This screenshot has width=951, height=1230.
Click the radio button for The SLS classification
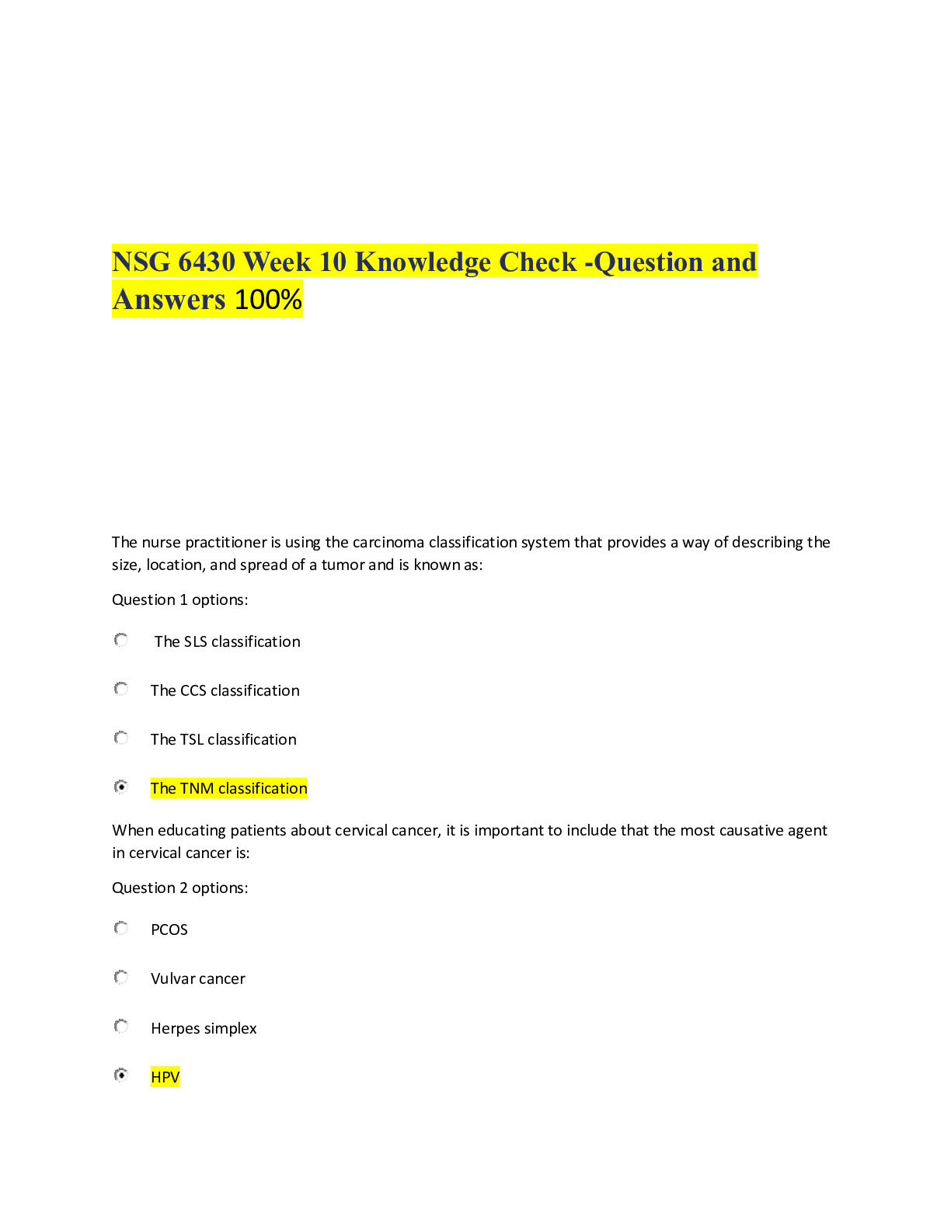coord(120,640)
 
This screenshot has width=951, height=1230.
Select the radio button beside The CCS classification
coord(120,689)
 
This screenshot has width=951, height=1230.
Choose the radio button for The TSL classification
coord(120,738)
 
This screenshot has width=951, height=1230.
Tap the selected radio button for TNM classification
coord(120,787)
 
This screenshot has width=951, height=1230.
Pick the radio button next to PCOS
coord(120,928)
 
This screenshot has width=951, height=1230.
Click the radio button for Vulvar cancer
coord(120,978)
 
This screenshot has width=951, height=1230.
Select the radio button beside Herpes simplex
coord(120,1027)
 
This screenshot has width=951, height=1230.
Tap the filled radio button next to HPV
coord(120,1075)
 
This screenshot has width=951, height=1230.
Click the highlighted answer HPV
coord(165,1076)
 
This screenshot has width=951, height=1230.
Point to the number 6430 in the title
coord(206,262)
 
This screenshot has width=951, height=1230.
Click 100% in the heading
coord(268,300)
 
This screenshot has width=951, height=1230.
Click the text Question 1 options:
coord(179,600)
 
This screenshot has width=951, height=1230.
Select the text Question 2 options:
coord(179,888)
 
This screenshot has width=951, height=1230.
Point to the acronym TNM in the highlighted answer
coord(197,788)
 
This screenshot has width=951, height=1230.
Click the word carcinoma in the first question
coord(388,542)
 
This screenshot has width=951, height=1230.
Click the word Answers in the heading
coord(169,300)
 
